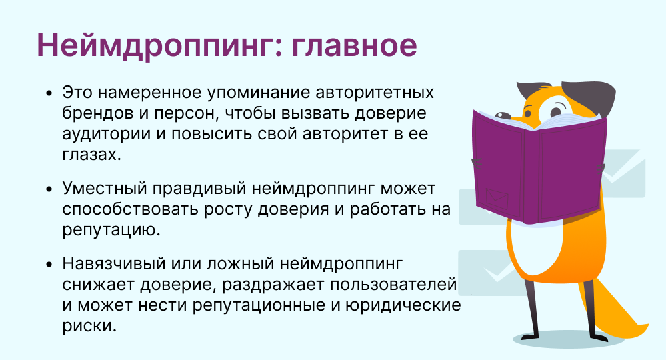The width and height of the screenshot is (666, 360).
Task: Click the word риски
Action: pos(89,327)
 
